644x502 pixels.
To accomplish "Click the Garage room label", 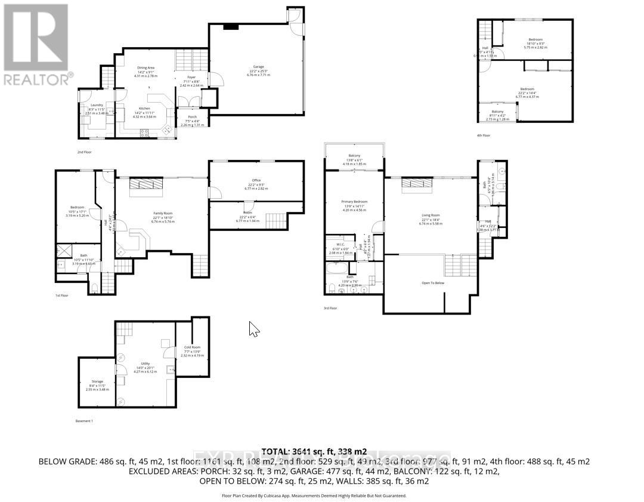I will point(258,67).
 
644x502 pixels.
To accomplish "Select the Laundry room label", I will point(95,105).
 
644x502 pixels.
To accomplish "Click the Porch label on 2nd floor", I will point(192,116).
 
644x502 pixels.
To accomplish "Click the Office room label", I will point(256,180).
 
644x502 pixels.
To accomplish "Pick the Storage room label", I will point(97,381).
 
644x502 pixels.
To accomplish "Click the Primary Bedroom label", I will point(354,202).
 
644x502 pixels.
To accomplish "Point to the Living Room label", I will point(430,215).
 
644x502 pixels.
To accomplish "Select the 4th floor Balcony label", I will point(497,112).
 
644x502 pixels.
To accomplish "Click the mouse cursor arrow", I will point(253,328).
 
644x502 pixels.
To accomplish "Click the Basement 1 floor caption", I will point(83,421).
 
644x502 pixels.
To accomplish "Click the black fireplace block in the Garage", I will point(231,26).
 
